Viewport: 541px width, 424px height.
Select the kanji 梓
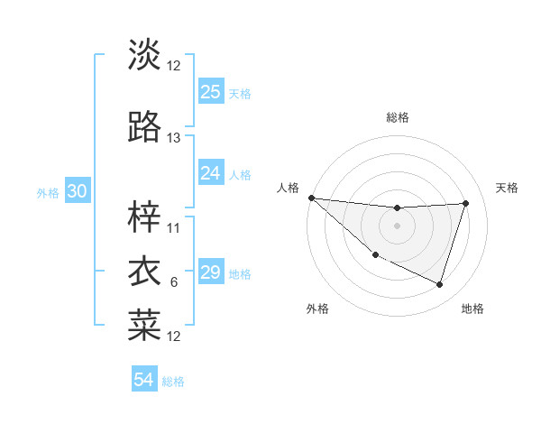point(144,217)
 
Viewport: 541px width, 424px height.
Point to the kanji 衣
point(144,271)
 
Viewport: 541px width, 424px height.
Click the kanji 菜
point(144,325)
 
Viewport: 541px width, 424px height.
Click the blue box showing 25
point(211,91)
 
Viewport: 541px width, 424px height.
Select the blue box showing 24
point(211,173)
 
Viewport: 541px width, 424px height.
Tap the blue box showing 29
point(211,272)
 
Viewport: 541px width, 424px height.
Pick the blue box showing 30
point(77,191)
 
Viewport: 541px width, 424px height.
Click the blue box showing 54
point(144,380)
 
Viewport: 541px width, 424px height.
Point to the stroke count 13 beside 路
point(174,138)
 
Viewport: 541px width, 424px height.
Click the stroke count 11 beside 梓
point(174,227)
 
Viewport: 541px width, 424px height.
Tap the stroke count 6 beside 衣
point(174,282)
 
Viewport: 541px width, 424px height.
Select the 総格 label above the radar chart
point(397,118)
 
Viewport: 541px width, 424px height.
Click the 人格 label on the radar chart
point(288,188)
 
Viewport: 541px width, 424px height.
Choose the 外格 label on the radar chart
point(317,309)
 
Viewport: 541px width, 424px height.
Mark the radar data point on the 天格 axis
point(465,203)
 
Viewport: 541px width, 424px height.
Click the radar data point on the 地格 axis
point(439,284)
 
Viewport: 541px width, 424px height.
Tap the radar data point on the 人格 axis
point(310,198)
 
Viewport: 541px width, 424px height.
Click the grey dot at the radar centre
point(397,226)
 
